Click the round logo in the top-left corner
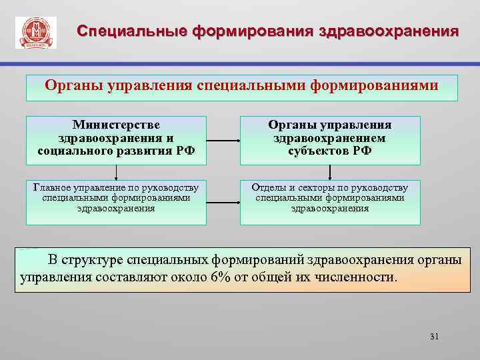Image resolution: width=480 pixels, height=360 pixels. click(x=35, y=32)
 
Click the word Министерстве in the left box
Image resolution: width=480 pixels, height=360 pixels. click(x=116, y=125)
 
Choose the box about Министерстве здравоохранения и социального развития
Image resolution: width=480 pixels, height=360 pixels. click(x=116, y=140)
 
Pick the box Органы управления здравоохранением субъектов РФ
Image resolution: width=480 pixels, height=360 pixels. click(x=330, y=140)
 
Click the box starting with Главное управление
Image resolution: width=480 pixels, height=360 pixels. click(x=116, y=202)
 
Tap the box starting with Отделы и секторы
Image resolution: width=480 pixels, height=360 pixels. click(x=330, y=202)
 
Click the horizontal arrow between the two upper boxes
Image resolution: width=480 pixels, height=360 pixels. click(x=223, y=141)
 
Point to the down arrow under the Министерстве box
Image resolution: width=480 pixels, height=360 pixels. click(x=116, y=173)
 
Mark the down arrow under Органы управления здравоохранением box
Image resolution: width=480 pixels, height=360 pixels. click(x=329, y=173)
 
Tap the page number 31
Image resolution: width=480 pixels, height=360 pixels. click(x=435, y=336)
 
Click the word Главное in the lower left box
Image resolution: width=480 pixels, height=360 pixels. click(x=51, y=187)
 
